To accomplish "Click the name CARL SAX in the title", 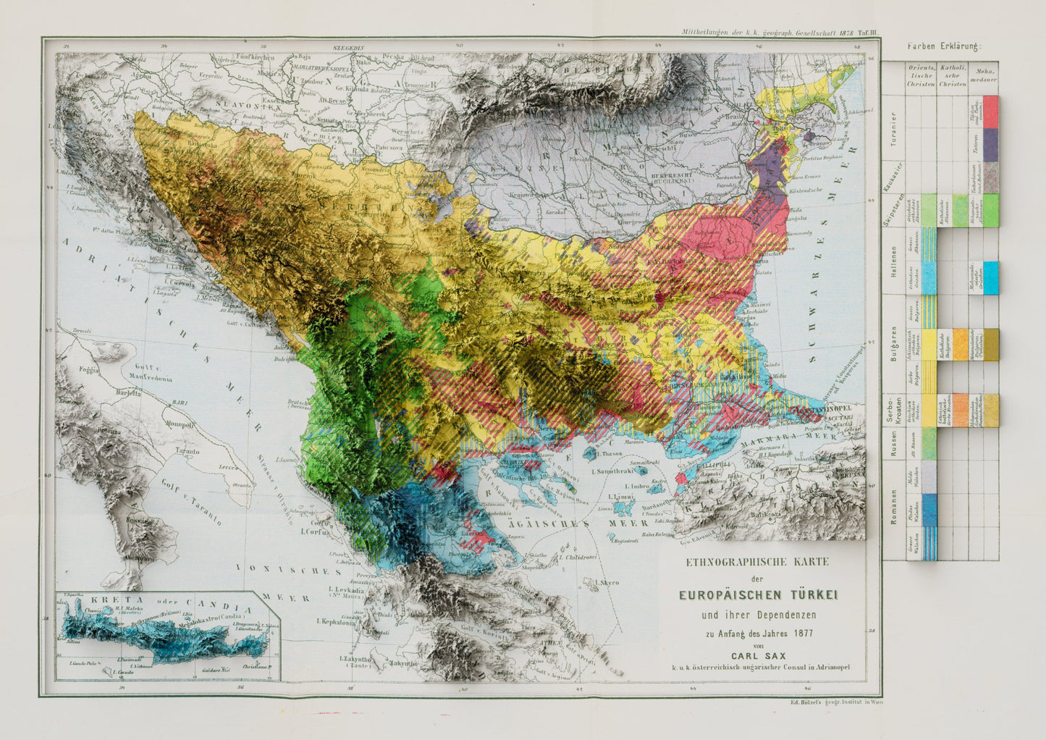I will coord(758,656).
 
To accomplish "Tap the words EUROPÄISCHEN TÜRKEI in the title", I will coord(758,595).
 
